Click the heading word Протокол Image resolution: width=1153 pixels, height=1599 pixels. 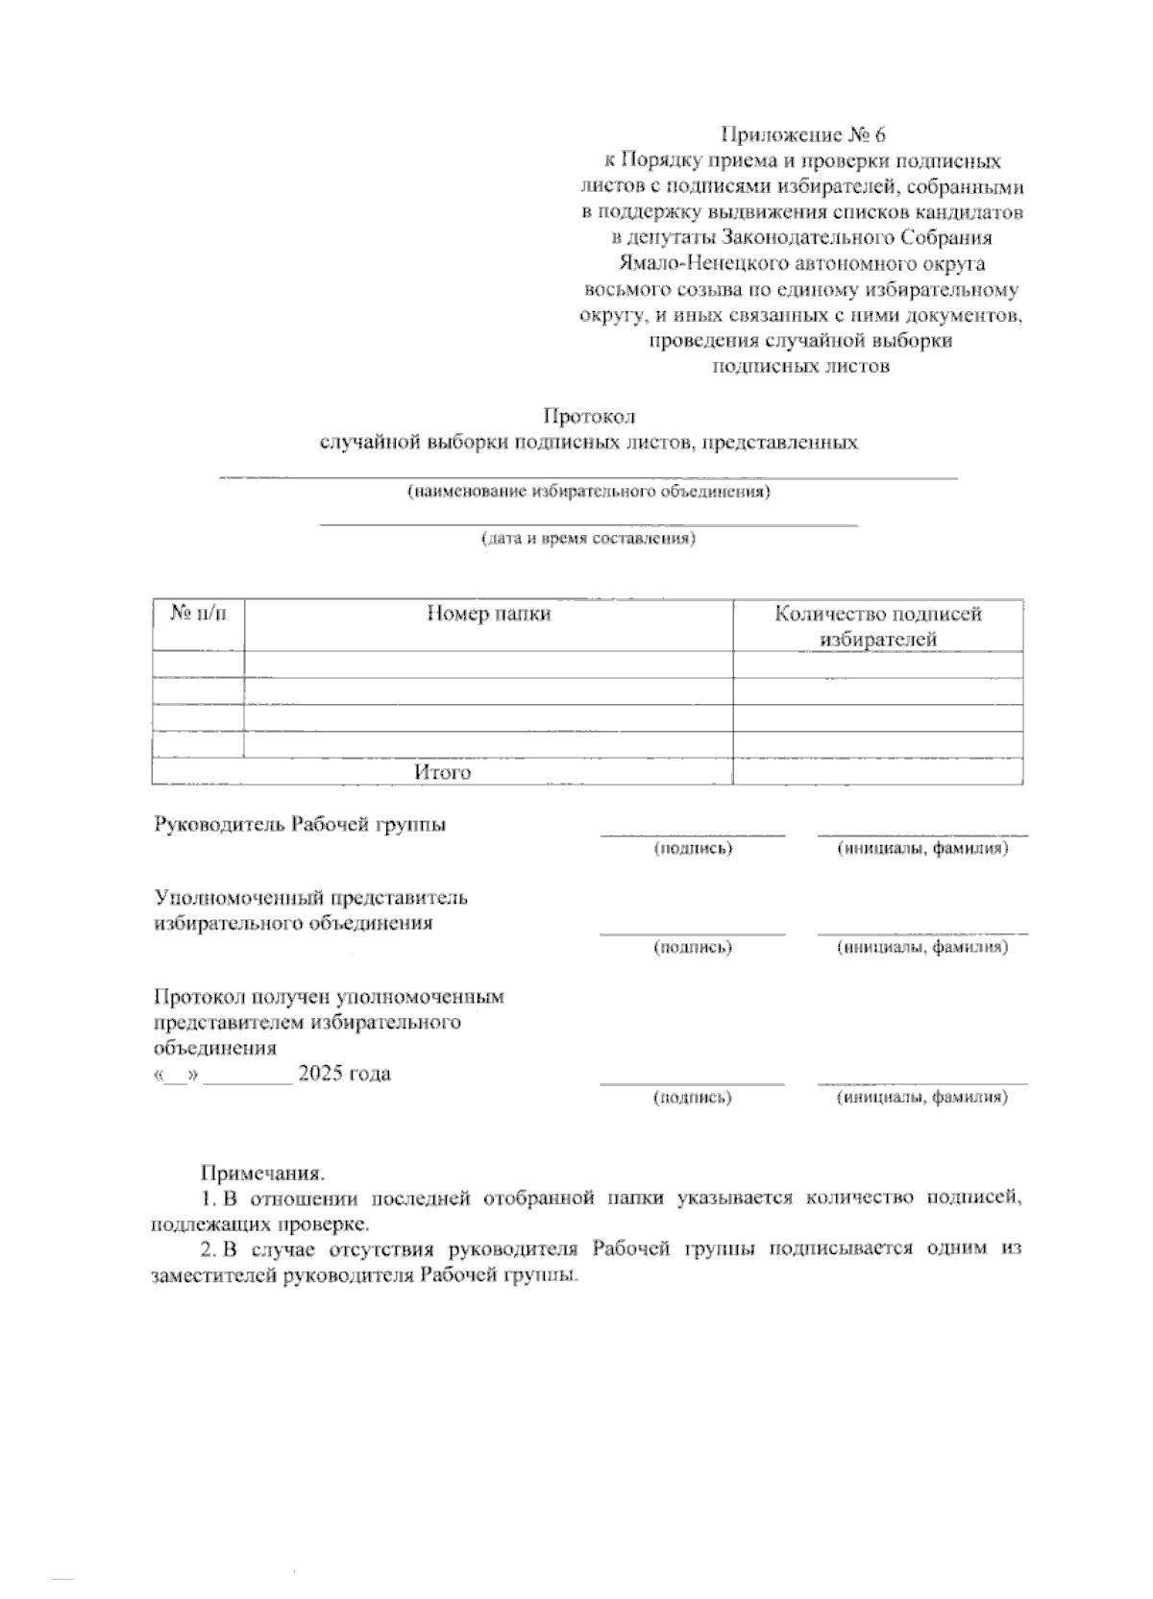pos(589,417)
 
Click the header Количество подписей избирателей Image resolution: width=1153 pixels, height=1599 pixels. pos(878,626)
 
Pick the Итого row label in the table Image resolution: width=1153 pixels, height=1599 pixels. pos(442,772)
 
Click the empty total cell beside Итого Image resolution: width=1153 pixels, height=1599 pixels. pos(877,772)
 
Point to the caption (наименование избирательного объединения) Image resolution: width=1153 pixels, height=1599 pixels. pos(588,493)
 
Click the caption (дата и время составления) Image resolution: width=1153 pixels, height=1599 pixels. pos(588,539)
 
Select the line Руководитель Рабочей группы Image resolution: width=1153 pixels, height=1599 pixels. pos(300,825)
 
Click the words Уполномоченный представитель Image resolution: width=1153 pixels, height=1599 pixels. pos(311,898)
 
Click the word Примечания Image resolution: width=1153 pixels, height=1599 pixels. pos(262,1173)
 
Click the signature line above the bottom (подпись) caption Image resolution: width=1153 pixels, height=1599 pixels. pos(693,1083)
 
